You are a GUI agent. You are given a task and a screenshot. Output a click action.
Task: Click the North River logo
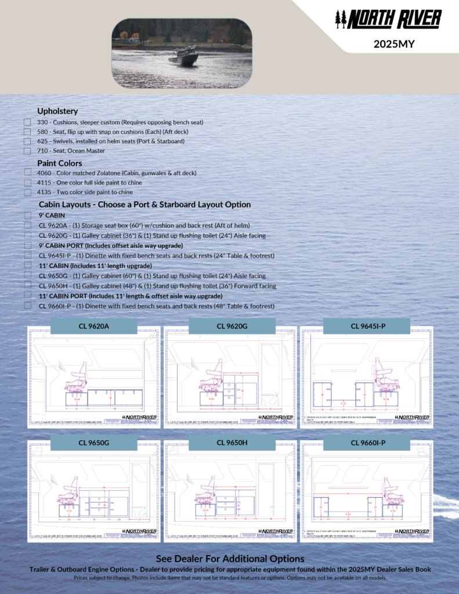point(388,19)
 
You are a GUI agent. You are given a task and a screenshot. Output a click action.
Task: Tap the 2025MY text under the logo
point(394,43)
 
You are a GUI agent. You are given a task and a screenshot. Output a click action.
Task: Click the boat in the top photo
point(183,57)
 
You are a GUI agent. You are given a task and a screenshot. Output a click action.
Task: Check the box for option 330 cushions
point(27,122)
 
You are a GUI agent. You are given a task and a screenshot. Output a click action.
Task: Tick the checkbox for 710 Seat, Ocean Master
point(27,151)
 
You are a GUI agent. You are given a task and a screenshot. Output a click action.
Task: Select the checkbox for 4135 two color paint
point(27,192)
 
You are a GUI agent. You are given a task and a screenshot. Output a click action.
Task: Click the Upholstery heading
point(57,111)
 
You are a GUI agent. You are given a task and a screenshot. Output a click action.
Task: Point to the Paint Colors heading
point(60,164)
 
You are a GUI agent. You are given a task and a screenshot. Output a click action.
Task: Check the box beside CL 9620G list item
point(27,236)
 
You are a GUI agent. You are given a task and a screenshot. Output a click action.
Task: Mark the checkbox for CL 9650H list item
point(27,286)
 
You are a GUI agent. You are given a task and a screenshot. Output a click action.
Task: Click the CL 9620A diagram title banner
point(94,326)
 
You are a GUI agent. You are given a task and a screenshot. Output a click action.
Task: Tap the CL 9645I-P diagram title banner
point(367,326)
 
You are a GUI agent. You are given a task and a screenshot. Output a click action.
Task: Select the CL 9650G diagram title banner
point(94,443)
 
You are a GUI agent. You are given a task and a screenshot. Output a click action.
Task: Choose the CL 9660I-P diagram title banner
point(367,443)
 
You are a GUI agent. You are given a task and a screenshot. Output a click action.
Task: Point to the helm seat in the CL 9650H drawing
point(205,494)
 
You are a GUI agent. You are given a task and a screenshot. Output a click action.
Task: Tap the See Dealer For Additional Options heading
point(230,559)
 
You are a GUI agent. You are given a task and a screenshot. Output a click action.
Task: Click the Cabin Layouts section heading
point(144,205)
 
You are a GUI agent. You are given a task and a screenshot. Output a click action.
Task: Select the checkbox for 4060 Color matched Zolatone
point(27,173)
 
